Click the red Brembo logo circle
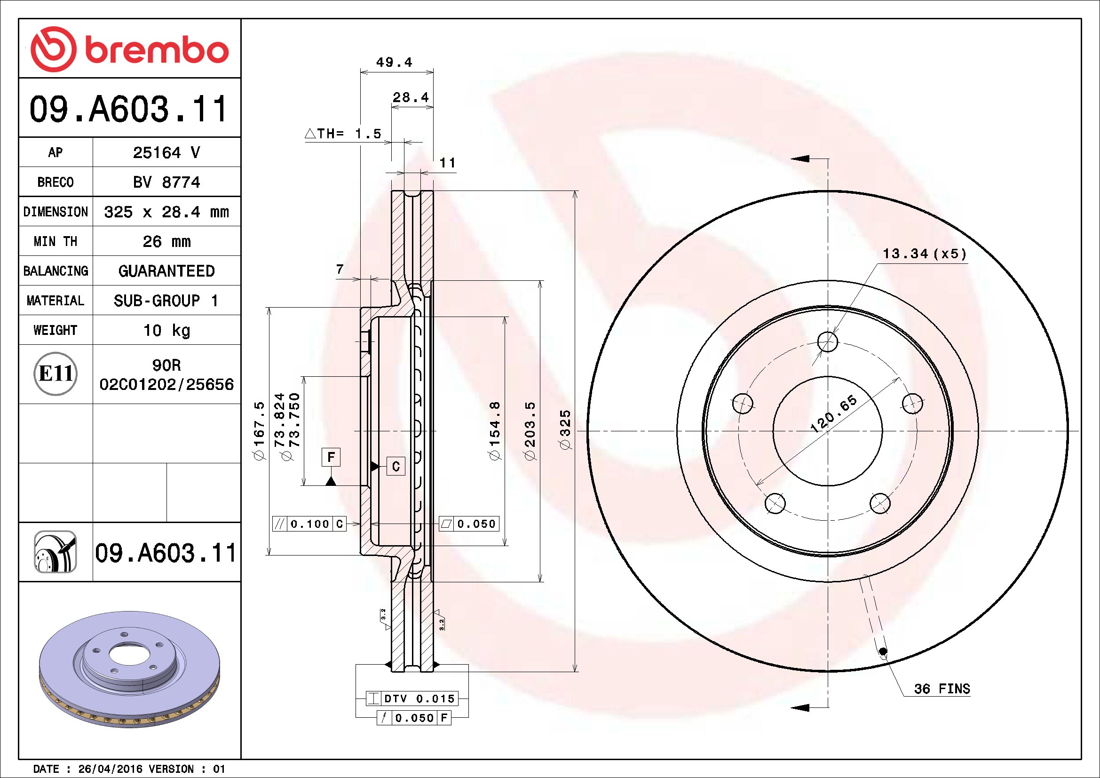[53, 49]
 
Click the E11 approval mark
[55, 373]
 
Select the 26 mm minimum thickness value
[167, 241]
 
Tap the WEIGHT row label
[55, 330]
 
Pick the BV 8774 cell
[167, 182]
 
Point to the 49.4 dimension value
[394, 62]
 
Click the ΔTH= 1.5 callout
[343, 133]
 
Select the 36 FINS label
[942, 689]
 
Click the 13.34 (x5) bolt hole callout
[925, 254]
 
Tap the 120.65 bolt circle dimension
[834, 414]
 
